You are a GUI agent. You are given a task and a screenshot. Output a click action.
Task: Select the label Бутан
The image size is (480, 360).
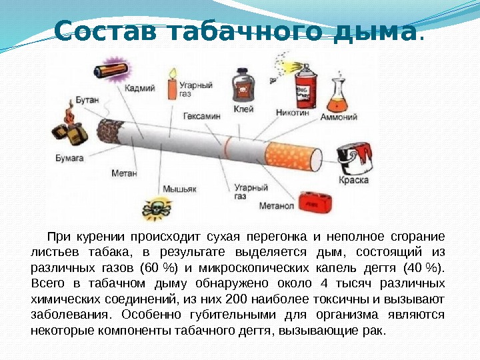pos(87,100)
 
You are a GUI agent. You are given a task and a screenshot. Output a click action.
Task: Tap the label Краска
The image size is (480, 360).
pos(354,181)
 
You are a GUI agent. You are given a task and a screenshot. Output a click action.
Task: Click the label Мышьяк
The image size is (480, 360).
pos(181,189)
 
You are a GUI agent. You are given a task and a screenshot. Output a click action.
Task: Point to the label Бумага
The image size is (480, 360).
pos(69,159)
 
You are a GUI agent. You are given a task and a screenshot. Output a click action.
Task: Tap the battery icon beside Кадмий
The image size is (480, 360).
pos(109,69)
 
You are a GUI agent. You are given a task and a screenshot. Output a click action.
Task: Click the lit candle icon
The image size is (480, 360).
pos(171,85)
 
